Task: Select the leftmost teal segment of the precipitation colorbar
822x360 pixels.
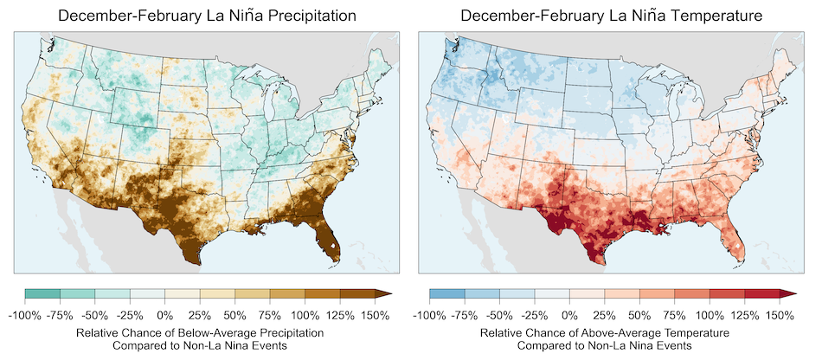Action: pos(42,294)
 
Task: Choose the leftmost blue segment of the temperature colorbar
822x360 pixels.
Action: pos(446,294)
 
